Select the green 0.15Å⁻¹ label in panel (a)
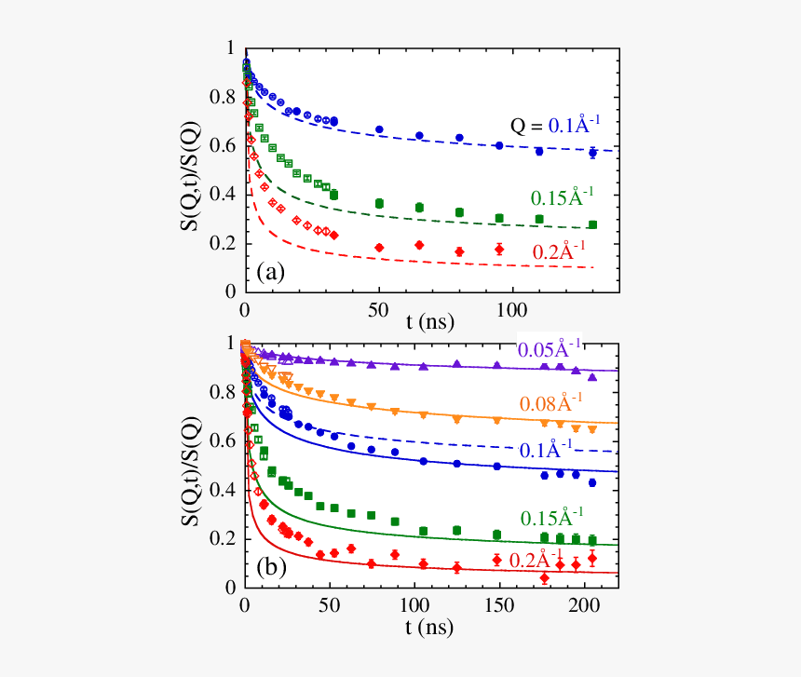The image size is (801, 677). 563,196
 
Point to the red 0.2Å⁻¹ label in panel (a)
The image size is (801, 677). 563,250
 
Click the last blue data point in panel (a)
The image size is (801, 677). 592,153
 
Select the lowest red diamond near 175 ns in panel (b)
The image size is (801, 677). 544,579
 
